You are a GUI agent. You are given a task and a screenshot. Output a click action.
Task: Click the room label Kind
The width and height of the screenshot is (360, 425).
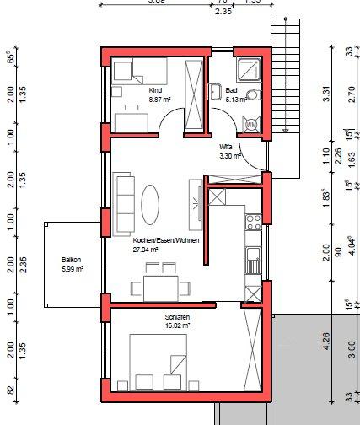[x=154, y=89]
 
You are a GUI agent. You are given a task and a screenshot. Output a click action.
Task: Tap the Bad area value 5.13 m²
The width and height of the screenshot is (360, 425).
[x=233, y=99]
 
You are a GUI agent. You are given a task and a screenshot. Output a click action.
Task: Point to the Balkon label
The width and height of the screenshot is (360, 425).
[x=71, y=260]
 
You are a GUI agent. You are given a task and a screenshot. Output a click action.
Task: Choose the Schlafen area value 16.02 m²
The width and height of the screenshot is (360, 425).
[x=178, y=325]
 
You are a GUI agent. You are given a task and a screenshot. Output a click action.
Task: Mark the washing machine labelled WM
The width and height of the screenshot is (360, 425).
[x=251, y=125]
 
